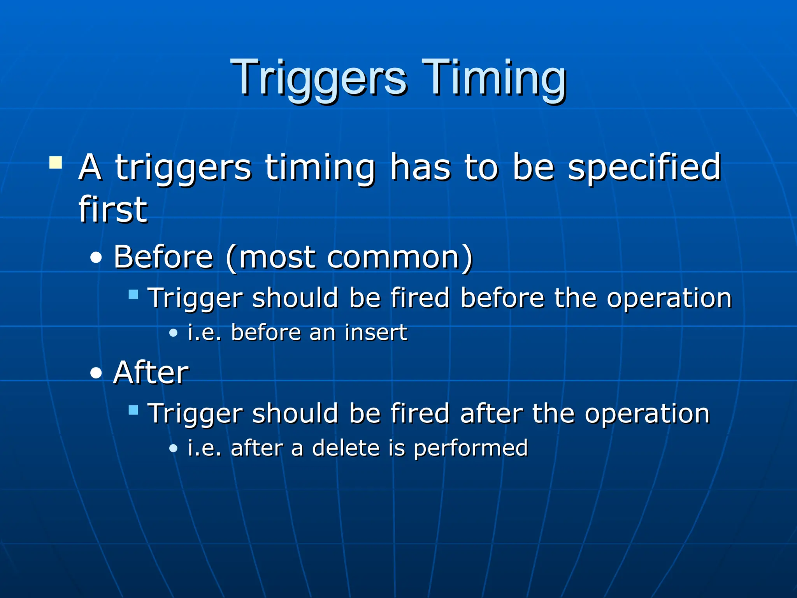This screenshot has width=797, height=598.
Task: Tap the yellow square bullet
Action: (x=56, y=162)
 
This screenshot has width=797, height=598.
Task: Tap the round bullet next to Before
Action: (x=96, y=258)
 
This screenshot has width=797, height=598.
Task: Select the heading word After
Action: (x=151, y=373)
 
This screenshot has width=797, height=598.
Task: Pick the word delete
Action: (x=346, y=448)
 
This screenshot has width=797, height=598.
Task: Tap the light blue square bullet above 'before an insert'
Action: (x=133, y=294)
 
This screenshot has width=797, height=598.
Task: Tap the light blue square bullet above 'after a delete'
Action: (x=133, y=410)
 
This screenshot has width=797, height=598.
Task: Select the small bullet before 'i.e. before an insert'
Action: (x=173, y=333)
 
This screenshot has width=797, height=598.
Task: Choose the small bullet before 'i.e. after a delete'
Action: (x=173, y=448)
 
